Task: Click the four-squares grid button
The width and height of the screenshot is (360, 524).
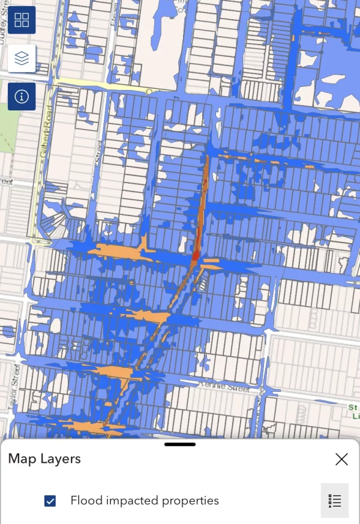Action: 22,20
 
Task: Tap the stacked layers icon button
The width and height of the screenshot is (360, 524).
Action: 22,58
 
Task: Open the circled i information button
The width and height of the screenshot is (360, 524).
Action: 22,97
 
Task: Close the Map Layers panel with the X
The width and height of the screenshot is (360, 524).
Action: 341,460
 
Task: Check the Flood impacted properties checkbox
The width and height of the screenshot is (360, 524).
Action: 50,501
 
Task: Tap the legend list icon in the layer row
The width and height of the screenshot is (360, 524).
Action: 335,501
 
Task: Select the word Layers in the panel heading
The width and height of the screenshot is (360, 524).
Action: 61,459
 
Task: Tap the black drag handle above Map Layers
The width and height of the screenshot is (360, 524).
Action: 180,445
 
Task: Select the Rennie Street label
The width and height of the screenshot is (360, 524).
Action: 227,388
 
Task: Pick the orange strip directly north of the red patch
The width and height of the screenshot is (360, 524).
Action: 205,180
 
